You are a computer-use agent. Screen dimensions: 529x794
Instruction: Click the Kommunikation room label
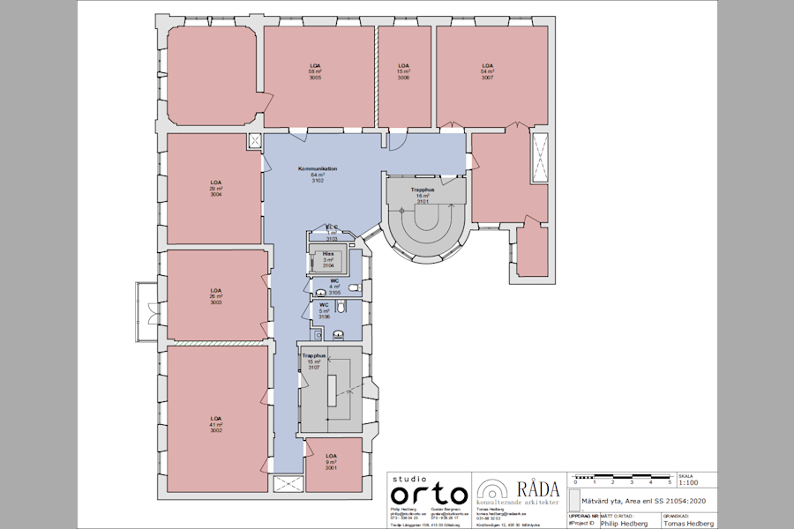click(318, 168)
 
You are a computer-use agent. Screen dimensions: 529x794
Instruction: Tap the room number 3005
click(315, 78)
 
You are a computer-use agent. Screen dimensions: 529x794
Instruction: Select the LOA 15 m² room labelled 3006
click(403, 71)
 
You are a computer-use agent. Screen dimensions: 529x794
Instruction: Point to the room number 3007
click(487, 78)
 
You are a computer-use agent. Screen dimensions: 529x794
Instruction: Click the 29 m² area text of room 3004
click(215, 189)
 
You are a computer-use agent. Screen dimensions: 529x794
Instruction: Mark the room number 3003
click(215, 302)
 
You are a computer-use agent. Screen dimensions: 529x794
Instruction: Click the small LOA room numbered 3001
click(332, 462)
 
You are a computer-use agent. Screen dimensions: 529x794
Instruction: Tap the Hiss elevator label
click(327, 253)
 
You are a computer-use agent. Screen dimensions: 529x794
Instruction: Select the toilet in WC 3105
click(353, 287)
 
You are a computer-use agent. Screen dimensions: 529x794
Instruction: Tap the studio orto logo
click(429, 490)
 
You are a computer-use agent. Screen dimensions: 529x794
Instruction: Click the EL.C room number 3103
click(332, 239)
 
